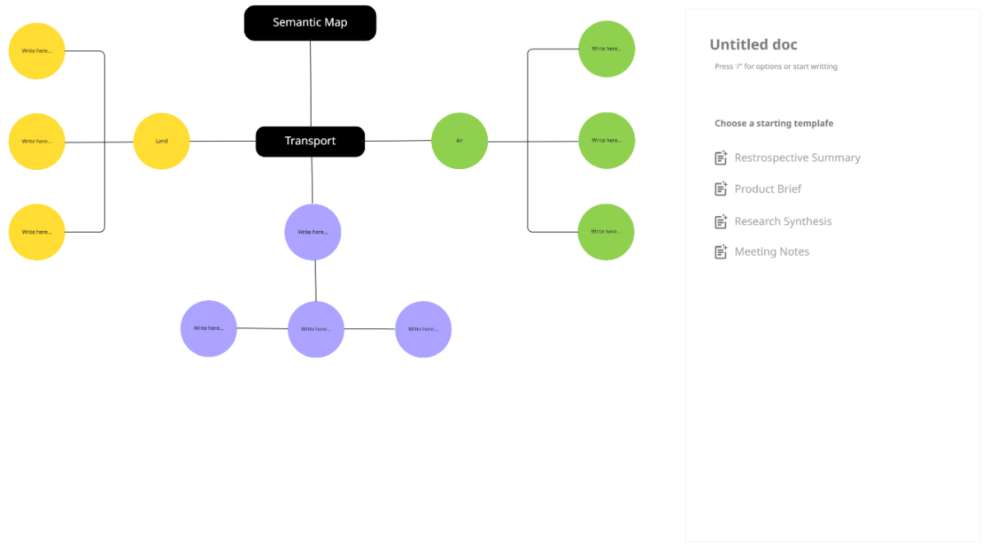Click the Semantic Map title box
[x=310, y=23]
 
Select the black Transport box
[x=310, y=141]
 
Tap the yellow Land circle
[x=162, y=141]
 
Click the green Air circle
[x=459, y=141]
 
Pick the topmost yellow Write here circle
[x=37, y=51]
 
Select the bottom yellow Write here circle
[x=37, y=233]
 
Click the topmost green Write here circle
[x=607, y=49]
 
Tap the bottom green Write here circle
[x=606, y=232]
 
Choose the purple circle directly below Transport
[x=312, y=232]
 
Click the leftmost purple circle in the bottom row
[x=209, y=328]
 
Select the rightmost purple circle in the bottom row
[x=423, y=329]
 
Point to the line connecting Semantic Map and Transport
[x=311, y=82]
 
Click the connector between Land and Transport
[x=223, y=141]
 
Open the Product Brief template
[x=767, y=189]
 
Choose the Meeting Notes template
[x=771, y=251]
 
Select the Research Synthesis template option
[x=782, y=221]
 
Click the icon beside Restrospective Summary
[x=721, y=157]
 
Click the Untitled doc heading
[x=753, y=45]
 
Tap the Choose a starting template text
[x=774, y=123]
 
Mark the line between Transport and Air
[x=397, y=141]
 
